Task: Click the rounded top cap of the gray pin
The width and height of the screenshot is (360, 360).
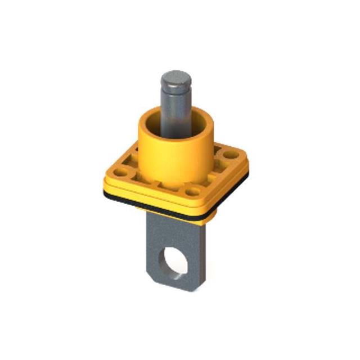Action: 175,77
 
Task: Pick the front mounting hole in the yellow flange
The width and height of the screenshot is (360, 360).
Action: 193,192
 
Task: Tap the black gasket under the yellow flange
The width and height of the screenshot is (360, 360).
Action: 169,209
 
